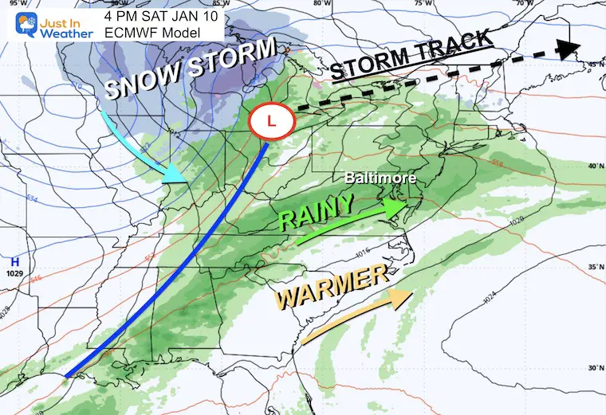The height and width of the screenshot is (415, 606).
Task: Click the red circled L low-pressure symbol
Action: tap(273, 123)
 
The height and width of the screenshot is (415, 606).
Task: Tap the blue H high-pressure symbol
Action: tap(14, 261)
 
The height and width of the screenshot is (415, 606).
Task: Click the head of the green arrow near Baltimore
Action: tap(396, 207)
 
